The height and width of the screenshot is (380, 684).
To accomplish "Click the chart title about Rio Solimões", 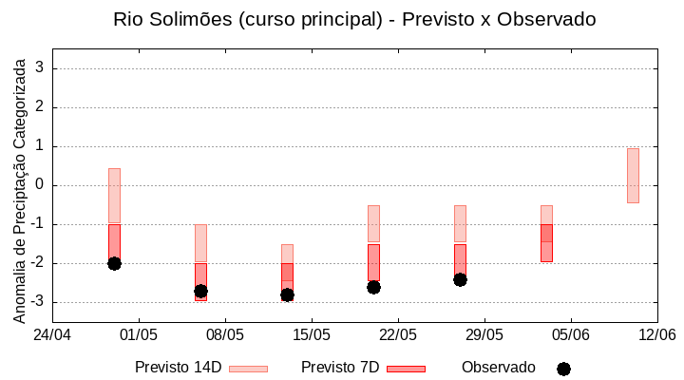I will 354,19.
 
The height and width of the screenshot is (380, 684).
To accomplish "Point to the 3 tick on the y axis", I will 41,68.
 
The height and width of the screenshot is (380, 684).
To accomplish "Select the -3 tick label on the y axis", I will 38,302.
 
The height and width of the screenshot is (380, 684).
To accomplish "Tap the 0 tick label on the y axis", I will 41,185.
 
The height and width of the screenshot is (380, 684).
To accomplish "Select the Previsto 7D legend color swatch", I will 406,369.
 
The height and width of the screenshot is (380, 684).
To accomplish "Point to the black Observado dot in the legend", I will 563,369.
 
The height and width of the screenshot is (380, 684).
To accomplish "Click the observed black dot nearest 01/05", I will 114,263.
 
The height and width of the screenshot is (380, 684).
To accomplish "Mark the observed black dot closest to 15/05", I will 287,294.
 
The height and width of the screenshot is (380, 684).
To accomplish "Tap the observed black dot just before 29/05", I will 460,279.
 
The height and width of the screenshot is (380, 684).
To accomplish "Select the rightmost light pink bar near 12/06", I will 633,176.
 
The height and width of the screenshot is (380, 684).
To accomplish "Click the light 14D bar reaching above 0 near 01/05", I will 114,195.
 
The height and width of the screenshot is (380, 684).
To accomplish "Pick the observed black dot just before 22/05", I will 373,287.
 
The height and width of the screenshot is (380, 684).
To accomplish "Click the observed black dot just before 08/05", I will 200,291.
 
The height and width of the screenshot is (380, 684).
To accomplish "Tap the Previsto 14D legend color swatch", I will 248,369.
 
